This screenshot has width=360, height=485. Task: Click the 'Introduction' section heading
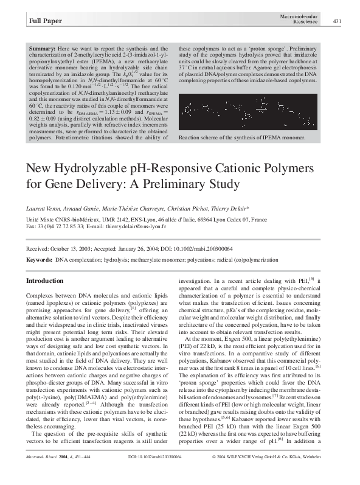coord(45,281)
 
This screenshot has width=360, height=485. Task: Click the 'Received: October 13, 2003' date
coord(57,248)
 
